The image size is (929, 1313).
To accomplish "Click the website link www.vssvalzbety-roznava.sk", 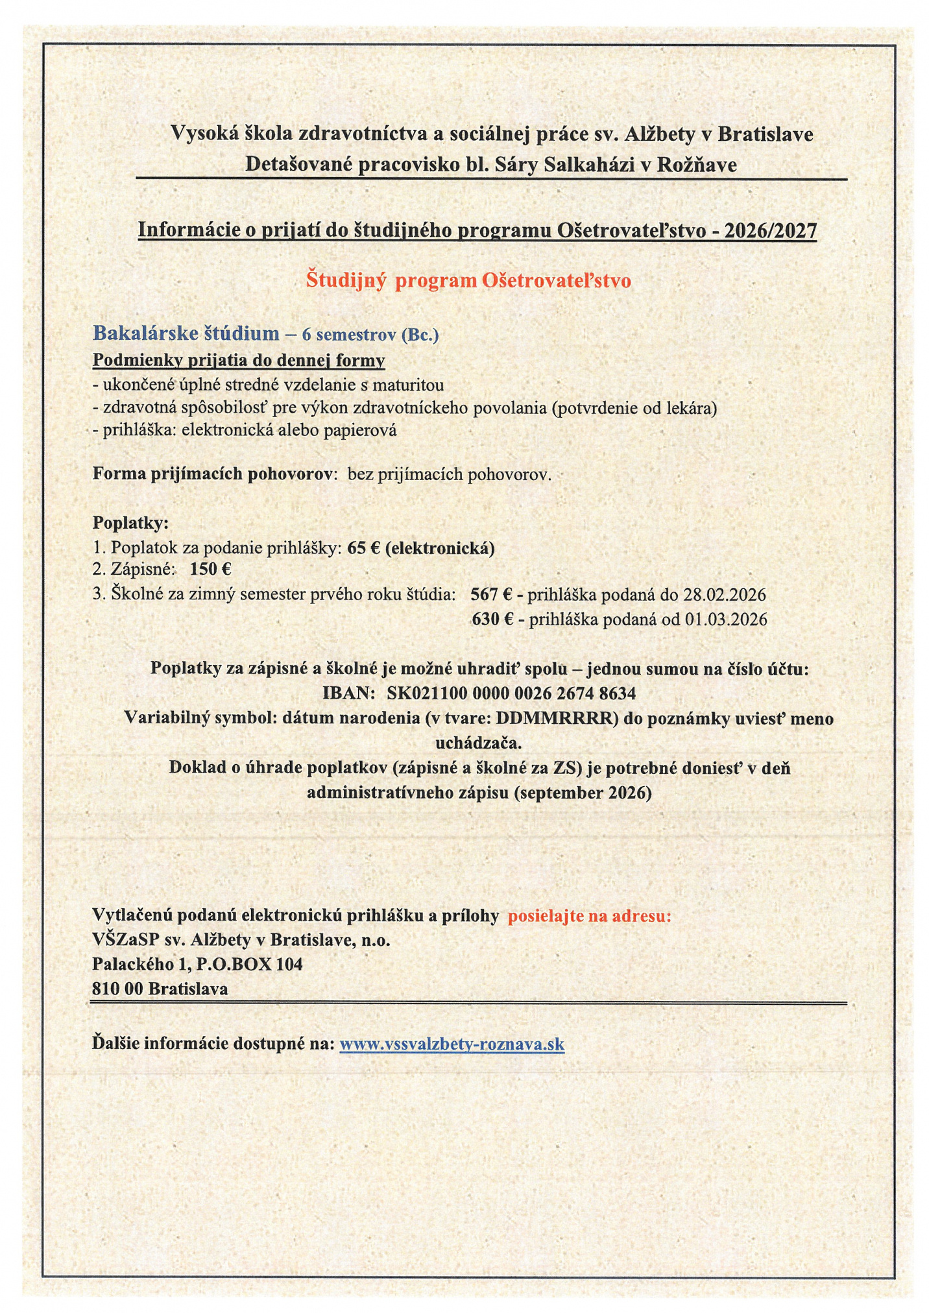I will point(452,1044).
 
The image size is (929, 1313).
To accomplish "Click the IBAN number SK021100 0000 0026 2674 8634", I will point(511,693).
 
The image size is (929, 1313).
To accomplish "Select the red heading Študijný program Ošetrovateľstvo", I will point(468,280).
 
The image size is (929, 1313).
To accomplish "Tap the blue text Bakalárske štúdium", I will point(186,333).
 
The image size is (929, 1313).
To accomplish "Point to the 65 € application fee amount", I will point(363,548).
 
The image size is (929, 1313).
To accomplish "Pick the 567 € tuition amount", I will point(492,594).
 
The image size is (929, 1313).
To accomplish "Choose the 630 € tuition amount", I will point(492,620).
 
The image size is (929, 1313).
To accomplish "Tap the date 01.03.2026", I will point(726,620).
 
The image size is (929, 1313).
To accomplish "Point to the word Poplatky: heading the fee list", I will point(130,522).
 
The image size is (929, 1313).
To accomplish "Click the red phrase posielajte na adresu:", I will point(589,915).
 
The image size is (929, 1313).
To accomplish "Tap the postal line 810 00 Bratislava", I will point(160,989).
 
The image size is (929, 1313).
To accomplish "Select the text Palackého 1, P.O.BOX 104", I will point(197,964).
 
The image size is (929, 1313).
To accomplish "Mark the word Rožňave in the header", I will point(697,165).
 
